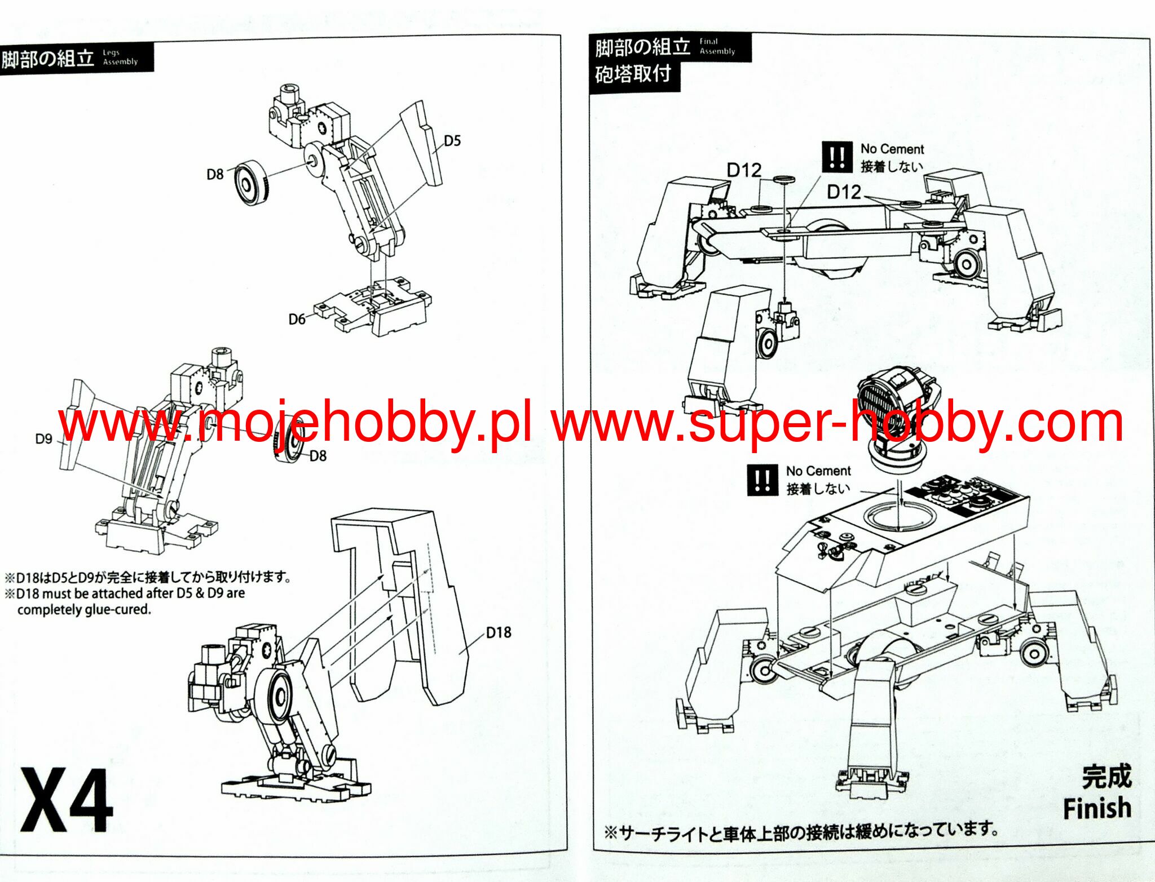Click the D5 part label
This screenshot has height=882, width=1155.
point(452,141)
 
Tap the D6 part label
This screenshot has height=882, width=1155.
point(297,320)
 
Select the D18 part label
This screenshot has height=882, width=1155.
point(499,632)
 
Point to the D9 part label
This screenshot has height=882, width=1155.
point(43,438)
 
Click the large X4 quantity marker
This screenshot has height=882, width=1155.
point(67,800)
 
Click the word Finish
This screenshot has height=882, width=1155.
point(1097,808)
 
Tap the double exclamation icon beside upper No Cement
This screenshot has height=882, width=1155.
point(836,157)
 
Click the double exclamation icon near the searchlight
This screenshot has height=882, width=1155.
point(762,480)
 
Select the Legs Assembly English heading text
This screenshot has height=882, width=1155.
point(120,57)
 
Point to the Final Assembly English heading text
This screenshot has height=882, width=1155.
point(717,46)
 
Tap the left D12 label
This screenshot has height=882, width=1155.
point(744,170)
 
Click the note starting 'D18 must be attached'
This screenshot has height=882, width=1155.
point(130,601)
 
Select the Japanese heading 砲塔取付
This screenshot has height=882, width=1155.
point(633,74)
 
